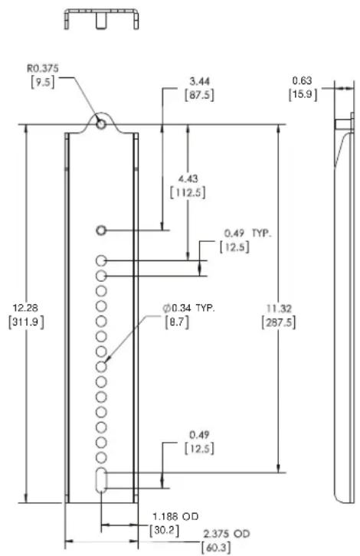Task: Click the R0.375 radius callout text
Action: click(x=43, y=68)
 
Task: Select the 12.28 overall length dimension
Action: click(x=25, y=307)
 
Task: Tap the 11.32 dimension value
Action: click(x=279, y=309)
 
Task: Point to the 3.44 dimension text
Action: click(x=199, y=81)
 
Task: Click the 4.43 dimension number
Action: click(x=188, y=179)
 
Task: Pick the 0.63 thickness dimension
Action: click(x=303, y=81)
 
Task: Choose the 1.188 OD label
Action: click(x=175, y=516)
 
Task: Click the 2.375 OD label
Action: click(x=226, y=534)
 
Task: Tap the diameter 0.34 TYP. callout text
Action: click(x=189, y=308)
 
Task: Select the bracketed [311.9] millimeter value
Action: click(x=26, y=322)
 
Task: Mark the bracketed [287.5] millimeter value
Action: click(x=279, y=322)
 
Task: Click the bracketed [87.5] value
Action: click(x=199, y=96)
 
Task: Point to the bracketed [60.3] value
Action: click(x=216, y=547)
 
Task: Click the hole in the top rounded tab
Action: click(x=101, y=124)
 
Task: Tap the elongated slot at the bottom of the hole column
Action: click(x=101, y=479)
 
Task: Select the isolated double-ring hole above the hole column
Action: click(x=101, y=231)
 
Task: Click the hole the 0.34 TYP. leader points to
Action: click(x=101, y=367)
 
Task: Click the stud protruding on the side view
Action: click(x=343, y=124)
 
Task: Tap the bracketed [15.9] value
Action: click(x=303, y=95)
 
